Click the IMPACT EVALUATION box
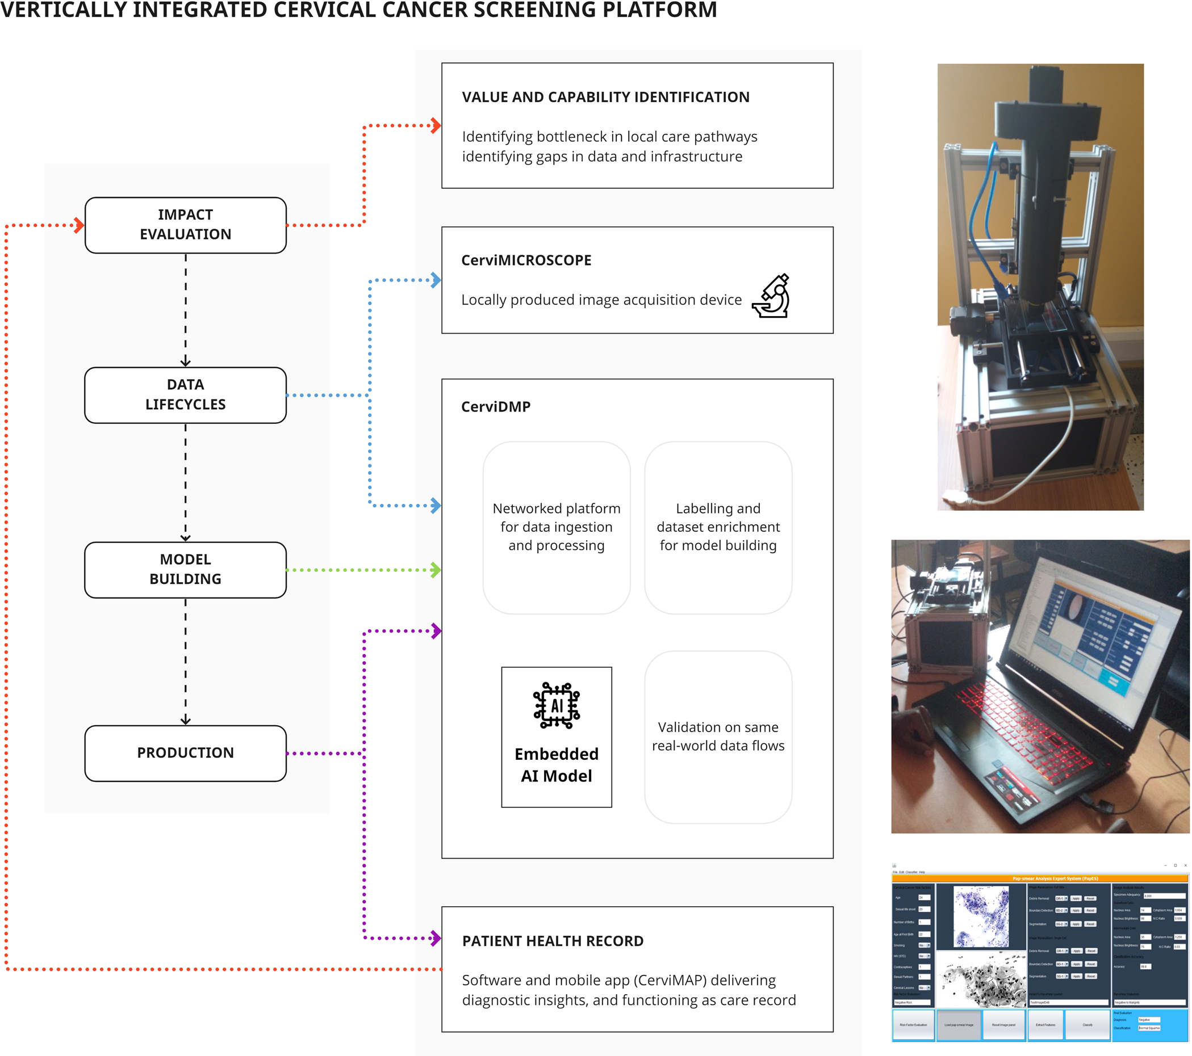(x=186, y=225)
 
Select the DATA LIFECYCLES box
(x=186, y=395)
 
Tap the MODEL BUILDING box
(x=186, y=569)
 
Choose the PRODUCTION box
(x=186, y=752)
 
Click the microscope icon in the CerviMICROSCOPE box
(x=771, y=296)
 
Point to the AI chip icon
(x=557, y=706)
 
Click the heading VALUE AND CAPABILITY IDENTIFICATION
(x=605, y=98)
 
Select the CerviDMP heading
(x=496, y=407)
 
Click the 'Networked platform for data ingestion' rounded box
(x=557, y=527)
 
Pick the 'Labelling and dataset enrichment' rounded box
(x=718, y=527)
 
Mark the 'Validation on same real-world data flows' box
(x=718, y=737)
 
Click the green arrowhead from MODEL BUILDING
(x=435, y=570)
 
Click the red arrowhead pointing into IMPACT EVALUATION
(x=79, y=225)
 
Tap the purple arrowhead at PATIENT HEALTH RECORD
(x=435, y=939)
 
